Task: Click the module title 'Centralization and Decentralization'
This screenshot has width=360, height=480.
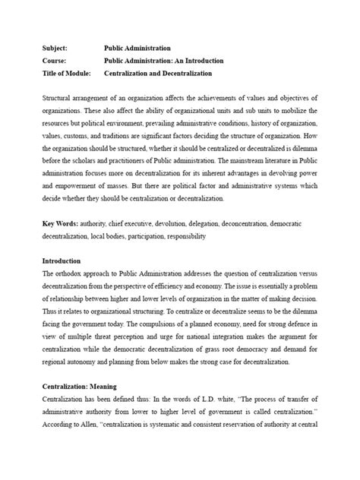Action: (158, 74)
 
